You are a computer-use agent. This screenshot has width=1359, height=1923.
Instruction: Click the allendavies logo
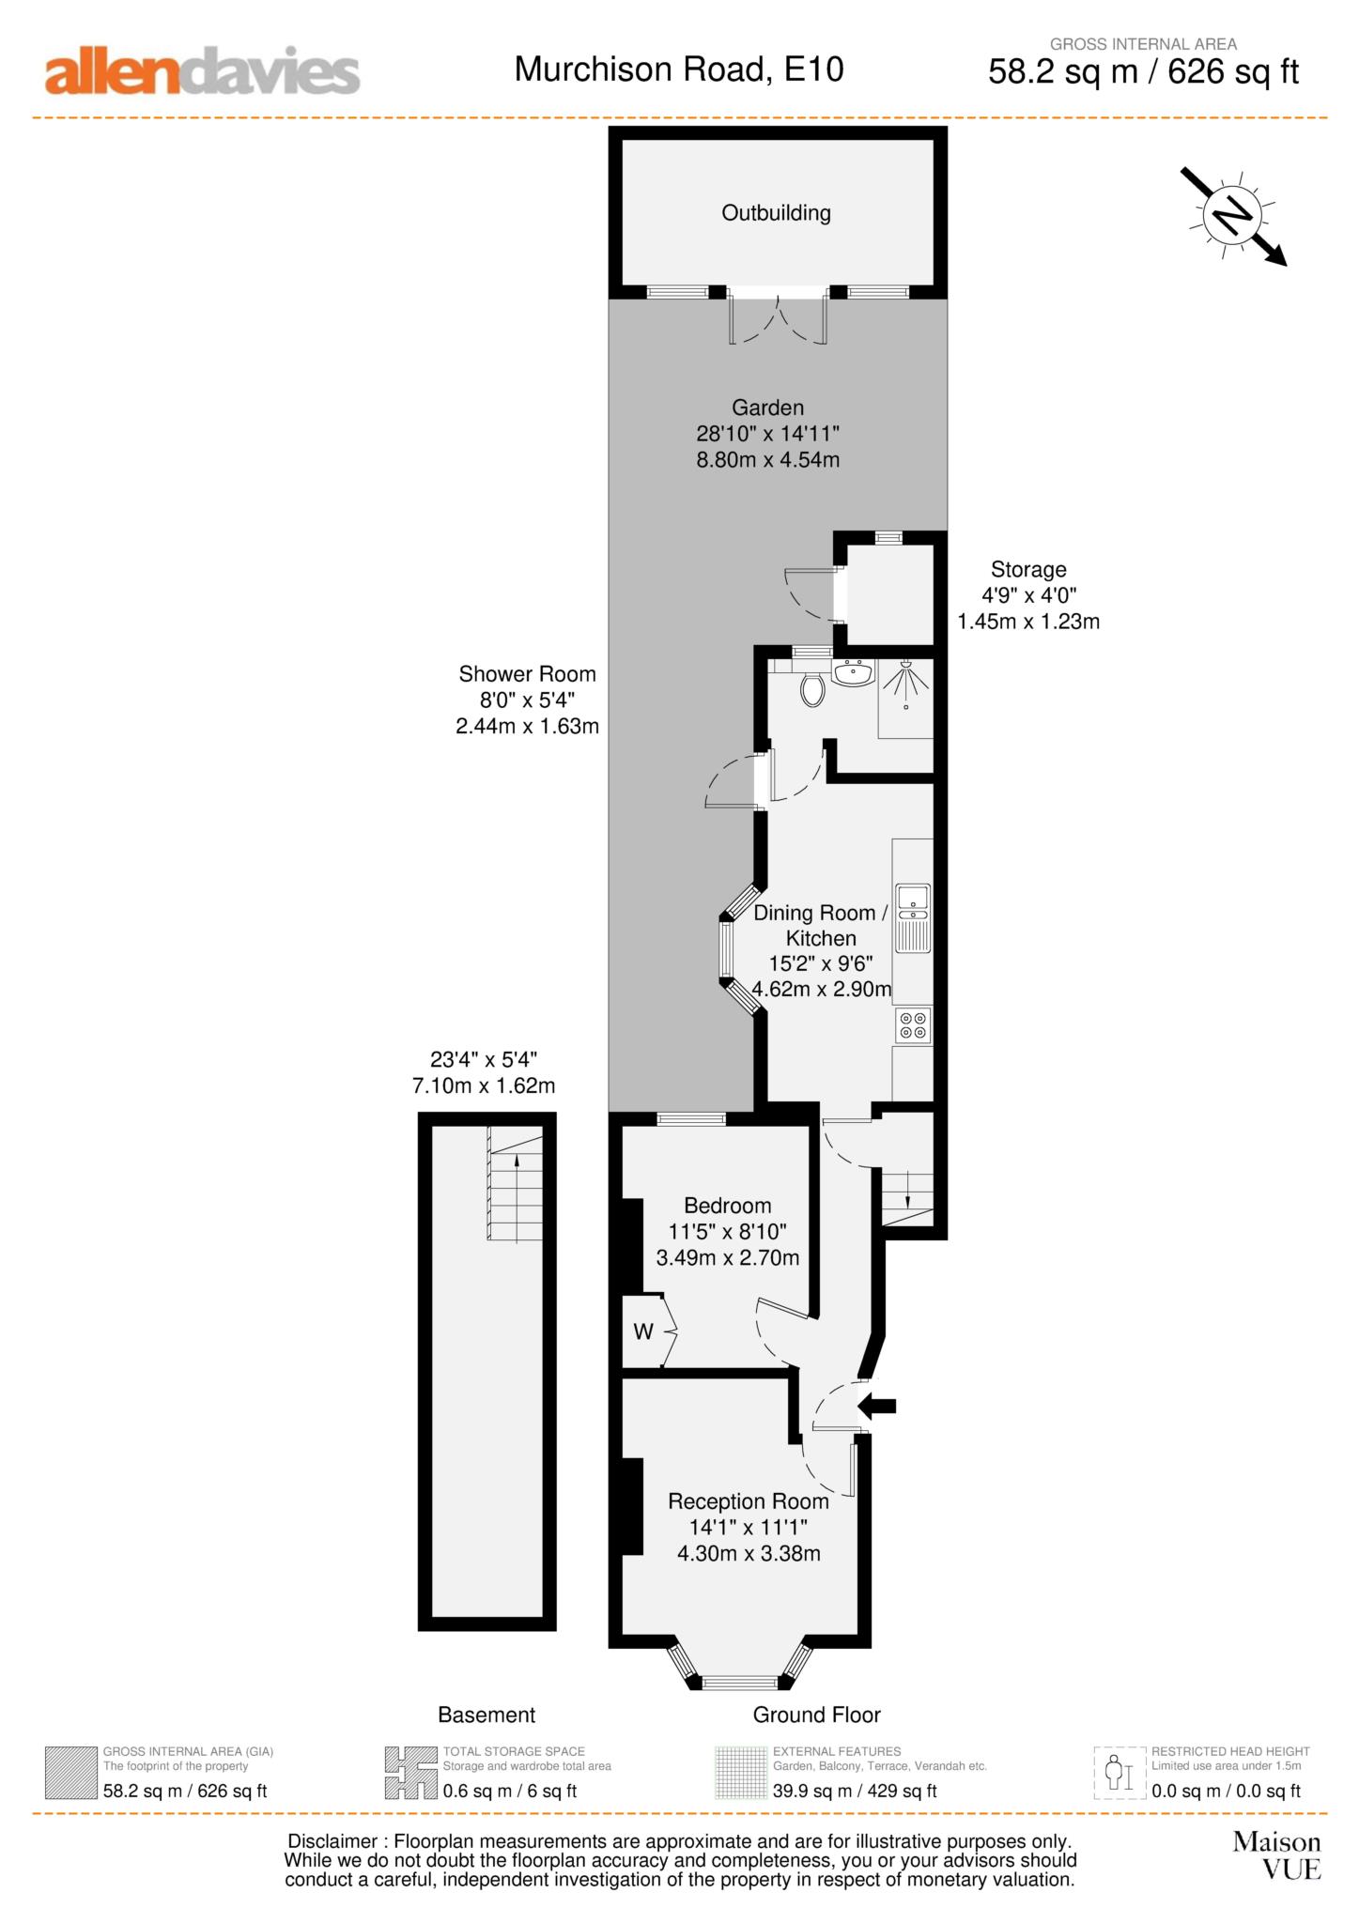tap(202, 72)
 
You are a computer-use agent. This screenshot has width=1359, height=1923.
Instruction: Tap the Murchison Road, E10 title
tap(678, 69)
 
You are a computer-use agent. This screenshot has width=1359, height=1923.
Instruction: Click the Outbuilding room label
tap(776, 213)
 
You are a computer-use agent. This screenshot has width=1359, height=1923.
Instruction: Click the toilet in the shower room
tap(813, 691)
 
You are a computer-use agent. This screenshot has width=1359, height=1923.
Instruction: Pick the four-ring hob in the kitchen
tap(913, 1024)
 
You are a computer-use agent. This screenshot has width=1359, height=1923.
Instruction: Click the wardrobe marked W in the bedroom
tap(644, 1331)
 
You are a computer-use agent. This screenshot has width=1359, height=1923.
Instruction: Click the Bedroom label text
tap(727, 1206)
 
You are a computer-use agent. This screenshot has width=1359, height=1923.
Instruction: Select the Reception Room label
tap(748, 1501)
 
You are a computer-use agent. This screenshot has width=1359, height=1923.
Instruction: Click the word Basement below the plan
tap(486, 1715)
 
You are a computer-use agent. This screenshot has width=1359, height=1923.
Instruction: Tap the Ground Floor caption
tap(816, 1715)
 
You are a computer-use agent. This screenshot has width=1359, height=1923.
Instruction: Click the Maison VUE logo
tap(1276, 1854)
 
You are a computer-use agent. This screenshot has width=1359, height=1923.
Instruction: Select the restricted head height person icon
tap(1115, 1773)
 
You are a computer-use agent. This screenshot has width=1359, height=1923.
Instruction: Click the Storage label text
tap(1028, 569)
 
